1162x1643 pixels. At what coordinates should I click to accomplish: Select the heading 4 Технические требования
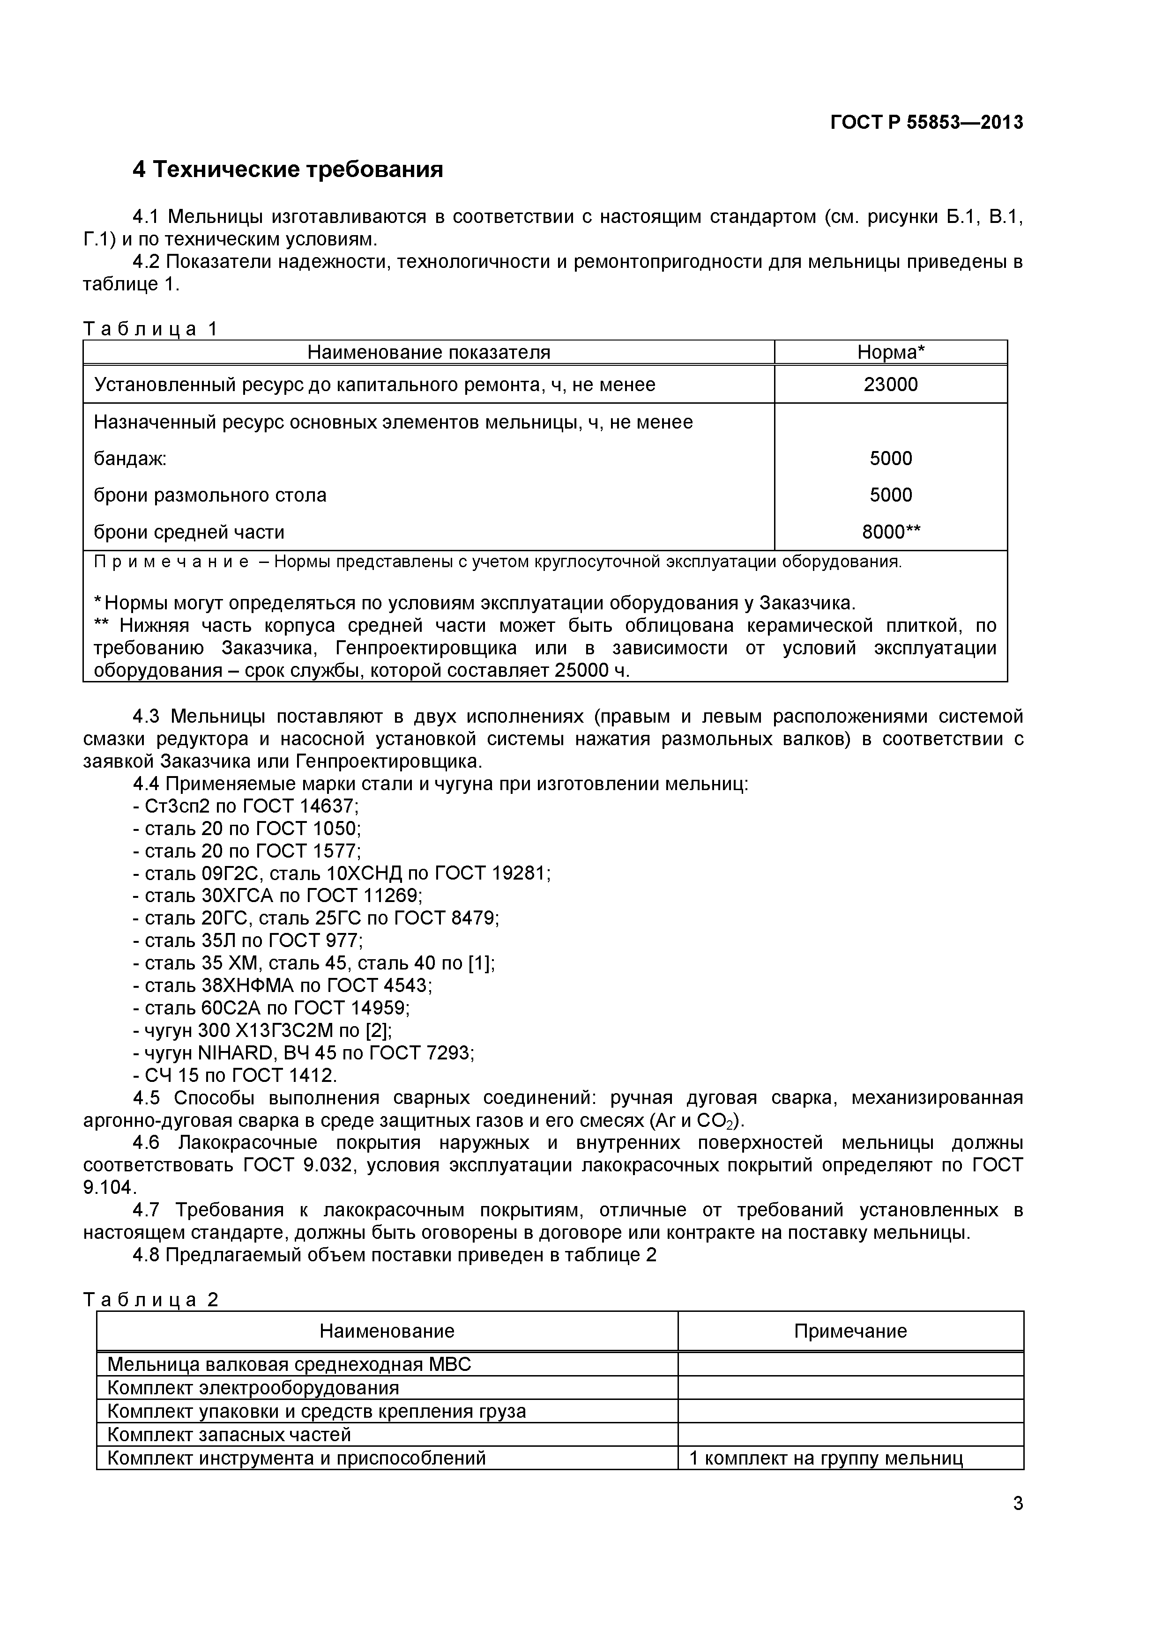288,170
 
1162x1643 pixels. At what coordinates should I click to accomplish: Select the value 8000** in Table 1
891,532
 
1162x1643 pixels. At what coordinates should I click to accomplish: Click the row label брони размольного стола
210,495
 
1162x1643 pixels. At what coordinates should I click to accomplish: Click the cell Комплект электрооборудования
253,1388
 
